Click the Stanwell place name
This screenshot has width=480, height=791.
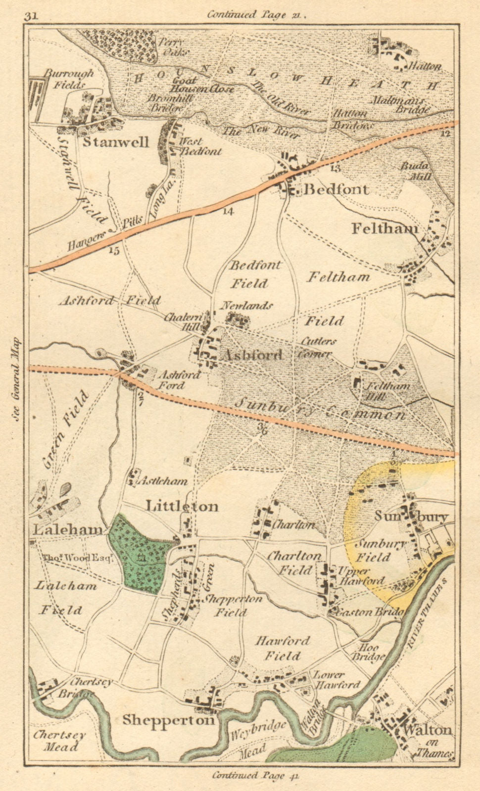[x=115, y=142]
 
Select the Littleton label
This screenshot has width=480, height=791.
[x=182, y=506]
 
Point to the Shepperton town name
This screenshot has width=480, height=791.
[x=168, y=720]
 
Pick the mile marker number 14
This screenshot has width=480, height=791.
[x=228, y=212]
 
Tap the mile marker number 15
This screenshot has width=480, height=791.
[x=114, y=251]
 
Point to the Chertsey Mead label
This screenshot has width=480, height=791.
[x=59, y=740]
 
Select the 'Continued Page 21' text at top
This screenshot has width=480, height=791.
[x=256, y=14]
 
